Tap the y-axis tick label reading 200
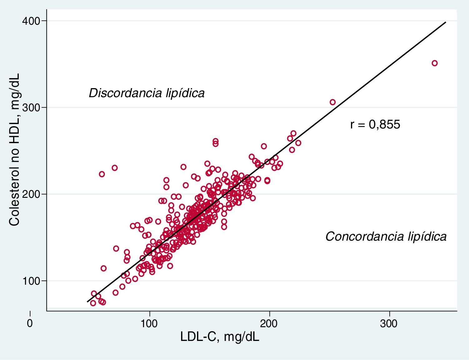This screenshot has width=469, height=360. [30, 194]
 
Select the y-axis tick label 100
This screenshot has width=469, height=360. [30, 281]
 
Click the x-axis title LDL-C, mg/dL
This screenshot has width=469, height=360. [220, 337]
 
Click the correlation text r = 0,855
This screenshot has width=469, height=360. [375, 125]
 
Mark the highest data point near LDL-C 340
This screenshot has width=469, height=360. [434, 63]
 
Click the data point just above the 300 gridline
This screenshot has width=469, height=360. [333, 102]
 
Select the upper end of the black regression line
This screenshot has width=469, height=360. [445, 22]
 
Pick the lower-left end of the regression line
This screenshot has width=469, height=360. [87, 302]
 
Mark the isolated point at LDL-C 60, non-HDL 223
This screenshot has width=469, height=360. [102, 174]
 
